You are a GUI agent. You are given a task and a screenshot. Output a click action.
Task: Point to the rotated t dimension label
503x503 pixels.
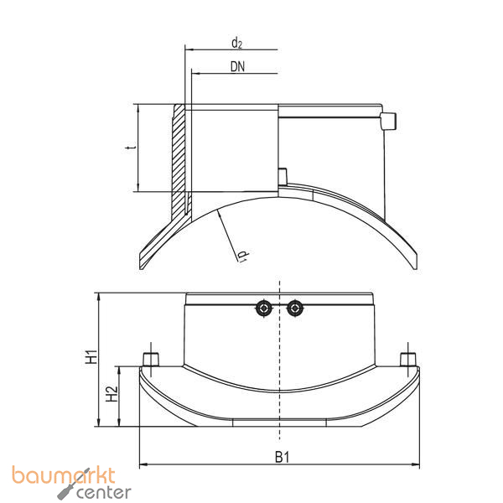coord(128,148)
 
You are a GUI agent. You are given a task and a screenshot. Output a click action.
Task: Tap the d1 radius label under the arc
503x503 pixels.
coord(241,254)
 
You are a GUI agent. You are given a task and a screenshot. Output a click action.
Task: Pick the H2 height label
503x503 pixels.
coord(111,395)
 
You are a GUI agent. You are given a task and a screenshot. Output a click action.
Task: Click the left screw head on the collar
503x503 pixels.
coord(264,309)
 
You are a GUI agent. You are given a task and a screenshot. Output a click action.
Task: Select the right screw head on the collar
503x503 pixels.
coord(293,309)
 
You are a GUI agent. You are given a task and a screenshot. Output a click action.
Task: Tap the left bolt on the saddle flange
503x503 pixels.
coord(151,360)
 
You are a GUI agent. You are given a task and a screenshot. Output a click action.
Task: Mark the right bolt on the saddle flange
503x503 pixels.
coord(407,360)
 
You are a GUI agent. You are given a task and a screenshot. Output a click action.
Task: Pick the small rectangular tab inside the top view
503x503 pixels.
coord(283,175)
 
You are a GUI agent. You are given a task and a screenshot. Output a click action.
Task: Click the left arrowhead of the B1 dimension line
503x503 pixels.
coord(143,463)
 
